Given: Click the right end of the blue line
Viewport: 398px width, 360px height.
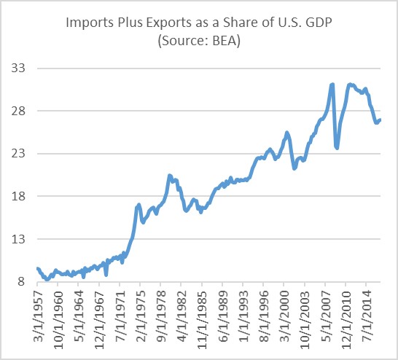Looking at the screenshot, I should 381,120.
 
